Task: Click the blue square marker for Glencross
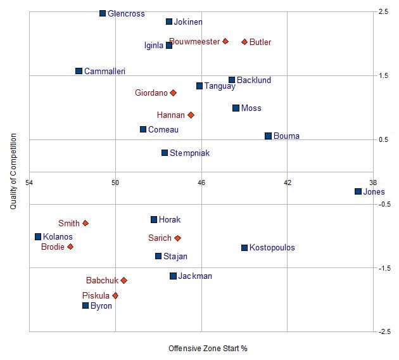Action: pyautogui.click(x=103, y=13)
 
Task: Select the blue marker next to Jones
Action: pyautogui.click(x=358, y=191)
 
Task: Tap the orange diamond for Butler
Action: pyautogui.click(x=244, y=42)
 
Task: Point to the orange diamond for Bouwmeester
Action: pyautogui.click(x=225, y=41)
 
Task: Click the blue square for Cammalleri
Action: pyautogui.click(x=79, y=71)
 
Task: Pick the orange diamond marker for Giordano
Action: pyautogui.click(x=173, y=93)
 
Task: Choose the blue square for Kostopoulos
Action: pyautogui.click(x=244, y=247)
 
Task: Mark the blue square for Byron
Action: pyautogui.click(x=85, y=305)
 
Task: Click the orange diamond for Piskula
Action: pyautogui.click(x=115, y=295)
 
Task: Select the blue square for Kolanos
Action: pyautogui.click(x=38, y=236)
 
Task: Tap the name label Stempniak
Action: pyautogui.click(x=189, y=153)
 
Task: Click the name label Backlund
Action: pyautogui.click(x=253, y=80)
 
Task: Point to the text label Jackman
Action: pyautogui.click(x=195, y=276)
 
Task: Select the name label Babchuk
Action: pyautogui.click(x=102, y=280)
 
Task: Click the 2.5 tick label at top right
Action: pyautogui.click(x=383, y=11)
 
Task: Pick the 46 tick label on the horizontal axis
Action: pyautogui.click(x=201, y=183)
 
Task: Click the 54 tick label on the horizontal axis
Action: pyautogui.click(x=29, y=183)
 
